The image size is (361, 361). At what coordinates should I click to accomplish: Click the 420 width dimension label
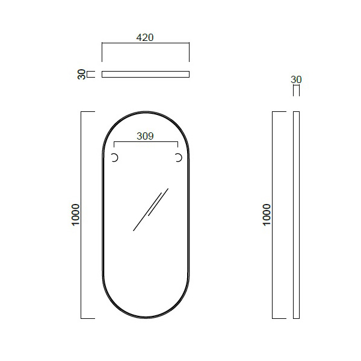point(145,37)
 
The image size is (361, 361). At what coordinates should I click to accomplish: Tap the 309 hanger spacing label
point(145,136)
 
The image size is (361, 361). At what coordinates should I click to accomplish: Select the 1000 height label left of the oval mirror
point(76,215)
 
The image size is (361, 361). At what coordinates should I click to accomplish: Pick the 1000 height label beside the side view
point(267,215)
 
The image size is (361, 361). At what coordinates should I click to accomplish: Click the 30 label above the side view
point(296,79)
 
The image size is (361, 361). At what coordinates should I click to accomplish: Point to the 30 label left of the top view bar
point(81,75)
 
